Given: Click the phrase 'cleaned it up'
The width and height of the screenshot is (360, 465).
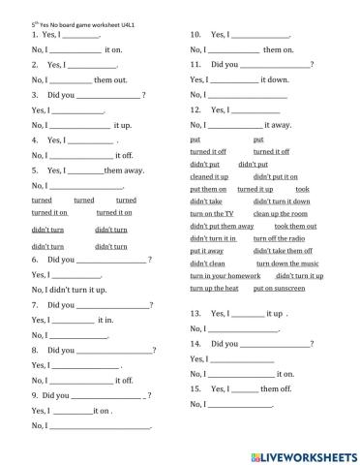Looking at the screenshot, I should [209, 177].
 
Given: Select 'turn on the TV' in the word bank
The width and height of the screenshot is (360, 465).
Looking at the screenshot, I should [211, 213].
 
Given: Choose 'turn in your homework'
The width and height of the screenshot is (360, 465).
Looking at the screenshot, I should [218, 276].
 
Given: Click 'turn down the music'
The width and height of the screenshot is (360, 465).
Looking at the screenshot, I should [287, 263].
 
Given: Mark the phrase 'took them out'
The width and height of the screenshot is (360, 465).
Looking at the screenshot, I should [295, 226].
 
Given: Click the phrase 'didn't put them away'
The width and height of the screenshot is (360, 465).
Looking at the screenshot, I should [222, 226].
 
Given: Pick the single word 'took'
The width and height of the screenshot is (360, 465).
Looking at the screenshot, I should [302, 189].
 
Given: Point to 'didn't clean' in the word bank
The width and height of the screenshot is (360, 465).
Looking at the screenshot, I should [207, 263].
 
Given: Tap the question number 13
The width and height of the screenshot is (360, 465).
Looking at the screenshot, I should [195, 314].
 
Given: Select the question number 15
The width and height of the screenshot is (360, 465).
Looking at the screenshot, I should [195, 388].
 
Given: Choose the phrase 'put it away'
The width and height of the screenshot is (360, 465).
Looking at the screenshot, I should [206, 251].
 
